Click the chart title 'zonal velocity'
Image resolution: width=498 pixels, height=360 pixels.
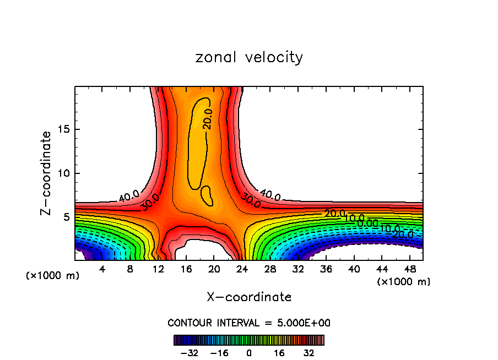pyautogui.click(x=249, y=57)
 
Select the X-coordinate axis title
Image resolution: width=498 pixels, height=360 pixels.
pyautogui.click(x=249, y=297)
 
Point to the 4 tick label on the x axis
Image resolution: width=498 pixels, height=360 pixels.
pyautogui.click(x=102, y=270)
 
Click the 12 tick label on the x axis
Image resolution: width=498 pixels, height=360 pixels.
pyautogui.click(x=159, y=270)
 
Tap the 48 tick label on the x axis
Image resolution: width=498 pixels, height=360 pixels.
pyautogui.click(x=410, y=270)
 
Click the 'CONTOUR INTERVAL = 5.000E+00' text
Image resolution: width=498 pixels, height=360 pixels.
pyautogui.click(x=249, y=323)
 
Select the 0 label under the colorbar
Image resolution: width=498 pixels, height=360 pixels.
pyautogui.click(x=249, y=353)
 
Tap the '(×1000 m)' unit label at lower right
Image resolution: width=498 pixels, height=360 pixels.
pyautogui.click(x=404, y=282)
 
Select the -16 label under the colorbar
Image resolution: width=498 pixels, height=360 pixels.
pyautogui.click(x=219, y=353)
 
